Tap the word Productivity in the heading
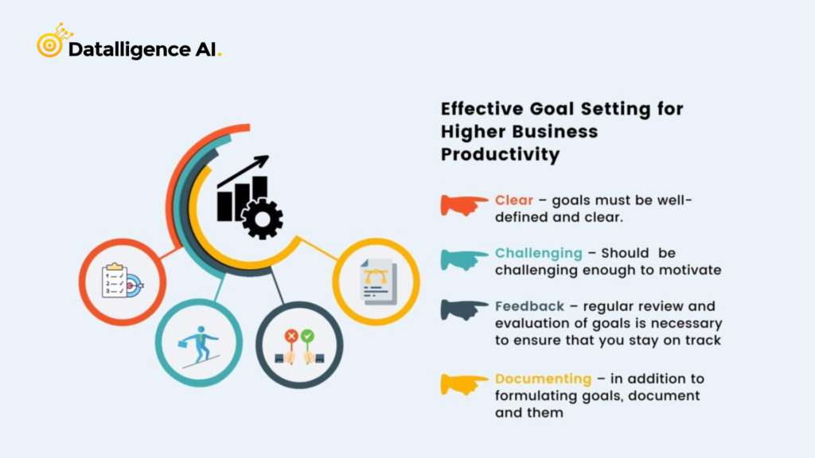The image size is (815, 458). [x=500, y=153]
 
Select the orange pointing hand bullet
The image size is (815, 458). [x=465, y=204]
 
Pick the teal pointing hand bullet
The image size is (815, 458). [x=465, y=258]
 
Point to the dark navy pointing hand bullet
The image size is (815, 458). [x=465, y=310]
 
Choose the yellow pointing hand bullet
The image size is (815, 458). [x=465, y=383]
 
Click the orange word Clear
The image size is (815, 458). [x=513, y=200]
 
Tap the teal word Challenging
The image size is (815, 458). [x=538, y=253]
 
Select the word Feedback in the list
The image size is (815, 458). [x=529, y=306]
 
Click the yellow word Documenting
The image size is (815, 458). [x=544, y=378]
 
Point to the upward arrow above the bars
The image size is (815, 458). [x=247, y=169]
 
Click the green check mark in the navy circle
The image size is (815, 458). [x=307, y=336]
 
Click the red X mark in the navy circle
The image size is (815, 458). [x=291, y=336]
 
